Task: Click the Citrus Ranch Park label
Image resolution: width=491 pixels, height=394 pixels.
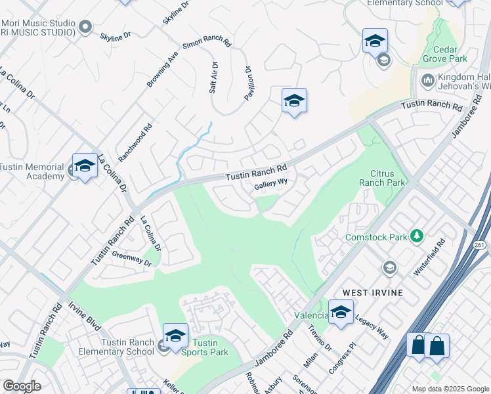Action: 383,177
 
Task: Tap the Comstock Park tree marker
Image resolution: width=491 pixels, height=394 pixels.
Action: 415,235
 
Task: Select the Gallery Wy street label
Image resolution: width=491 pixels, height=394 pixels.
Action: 271,185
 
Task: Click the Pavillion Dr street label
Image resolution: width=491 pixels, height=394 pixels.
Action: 248,82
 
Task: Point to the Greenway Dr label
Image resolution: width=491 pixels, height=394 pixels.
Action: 131,259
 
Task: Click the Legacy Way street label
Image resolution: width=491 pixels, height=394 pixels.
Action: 372,326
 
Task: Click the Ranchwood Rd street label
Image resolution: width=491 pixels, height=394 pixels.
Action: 135,142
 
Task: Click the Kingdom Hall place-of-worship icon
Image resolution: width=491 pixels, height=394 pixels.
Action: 427,81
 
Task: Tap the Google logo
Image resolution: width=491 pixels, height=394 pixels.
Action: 21,386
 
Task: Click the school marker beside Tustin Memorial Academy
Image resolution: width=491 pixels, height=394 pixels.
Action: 85,166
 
